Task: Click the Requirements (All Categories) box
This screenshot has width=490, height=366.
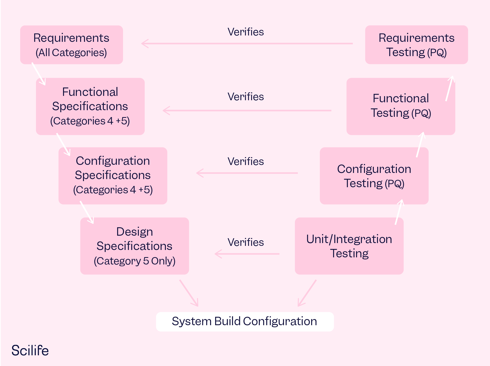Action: tap(71, 45)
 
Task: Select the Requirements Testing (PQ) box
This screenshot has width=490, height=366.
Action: tap(416, 45)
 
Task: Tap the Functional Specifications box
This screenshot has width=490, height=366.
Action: tap(90, 106)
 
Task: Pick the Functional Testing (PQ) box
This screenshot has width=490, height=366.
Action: tap(401, 106)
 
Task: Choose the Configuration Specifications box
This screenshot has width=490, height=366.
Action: tap(113, 175)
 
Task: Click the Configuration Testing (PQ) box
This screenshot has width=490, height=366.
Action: tap(374, 176)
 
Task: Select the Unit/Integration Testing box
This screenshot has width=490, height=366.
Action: tap(349, 246)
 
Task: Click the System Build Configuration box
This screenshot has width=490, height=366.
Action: tap(244, 321)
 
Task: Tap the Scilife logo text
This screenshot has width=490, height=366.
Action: tap(30, 350)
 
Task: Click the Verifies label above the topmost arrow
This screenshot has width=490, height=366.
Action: tap(246, 32)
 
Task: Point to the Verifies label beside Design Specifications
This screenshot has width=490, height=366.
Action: tap(246, 242)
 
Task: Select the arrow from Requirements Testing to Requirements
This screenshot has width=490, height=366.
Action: tap(247, 44)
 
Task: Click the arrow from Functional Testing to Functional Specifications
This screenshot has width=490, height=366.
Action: tap(247, 111)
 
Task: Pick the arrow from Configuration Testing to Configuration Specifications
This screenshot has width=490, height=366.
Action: tap(247, 173)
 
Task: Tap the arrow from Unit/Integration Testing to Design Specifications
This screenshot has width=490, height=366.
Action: tap(247, 254)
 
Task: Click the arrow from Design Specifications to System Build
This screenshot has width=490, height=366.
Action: tap(189, 293)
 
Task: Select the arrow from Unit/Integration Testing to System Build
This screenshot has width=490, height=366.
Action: tap(307, 293)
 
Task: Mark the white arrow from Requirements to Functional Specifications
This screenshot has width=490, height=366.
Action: tap(39, 74)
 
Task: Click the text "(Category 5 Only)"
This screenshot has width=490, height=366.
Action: tap(134, 261)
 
